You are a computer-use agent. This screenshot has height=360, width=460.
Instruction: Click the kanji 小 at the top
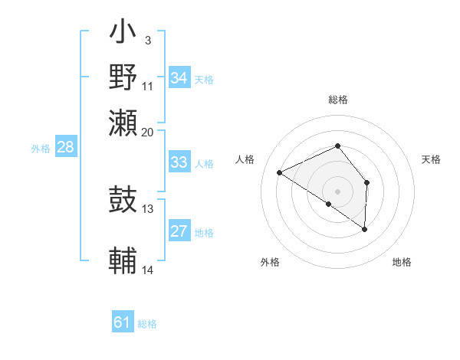[x=123, y=34]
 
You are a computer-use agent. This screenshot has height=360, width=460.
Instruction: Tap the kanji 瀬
[x=123, y=123]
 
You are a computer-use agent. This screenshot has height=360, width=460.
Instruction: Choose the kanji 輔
[x=123, y=260]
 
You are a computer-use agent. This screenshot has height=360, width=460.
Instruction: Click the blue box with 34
[x=179, y=78]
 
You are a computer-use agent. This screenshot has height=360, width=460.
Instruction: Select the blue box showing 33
[x=179, y=162]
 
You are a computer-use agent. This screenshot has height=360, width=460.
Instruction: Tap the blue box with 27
[x=179, y=232]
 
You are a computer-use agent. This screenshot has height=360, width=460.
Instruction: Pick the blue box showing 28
[x=65, y=148]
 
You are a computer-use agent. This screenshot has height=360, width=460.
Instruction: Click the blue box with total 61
[x=123, y=322]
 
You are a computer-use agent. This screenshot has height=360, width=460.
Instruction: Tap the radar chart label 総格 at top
[x=337, y=100]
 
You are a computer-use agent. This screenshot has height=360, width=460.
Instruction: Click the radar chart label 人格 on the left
[x=245, y=159]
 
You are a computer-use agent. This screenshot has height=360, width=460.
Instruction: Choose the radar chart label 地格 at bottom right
[x=402, y=262]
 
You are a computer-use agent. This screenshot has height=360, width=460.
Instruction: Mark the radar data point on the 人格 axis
[x=280, y=173]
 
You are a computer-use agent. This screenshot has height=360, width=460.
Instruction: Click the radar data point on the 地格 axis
[x=365, y=229]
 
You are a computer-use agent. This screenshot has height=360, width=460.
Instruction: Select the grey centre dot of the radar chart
[x=337, y=191]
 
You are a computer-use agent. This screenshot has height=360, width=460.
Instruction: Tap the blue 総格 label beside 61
[x=147, y=324]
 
